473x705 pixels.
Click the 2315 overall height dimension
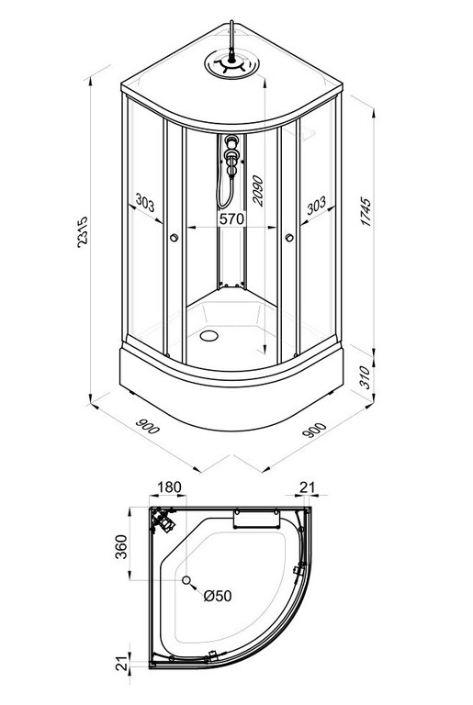pos(83,232)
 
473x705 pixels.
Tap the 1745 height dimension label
pos(366,211)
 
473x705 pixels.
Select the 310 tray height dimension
pos(365,377)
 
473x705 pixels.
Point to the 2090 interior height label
pos(258,191)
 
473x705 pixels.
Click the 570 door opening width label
pos(231,219)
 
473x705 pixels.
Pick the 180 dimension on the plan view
pos(169,487)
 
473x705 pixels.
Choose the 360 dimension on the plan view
pos(121,547)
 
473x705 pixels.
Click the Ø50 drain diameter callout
pos(218,596)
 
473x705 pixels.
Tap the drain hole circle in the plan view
pos(186,580)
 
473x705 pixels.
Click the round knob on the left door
pos(175,238)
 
